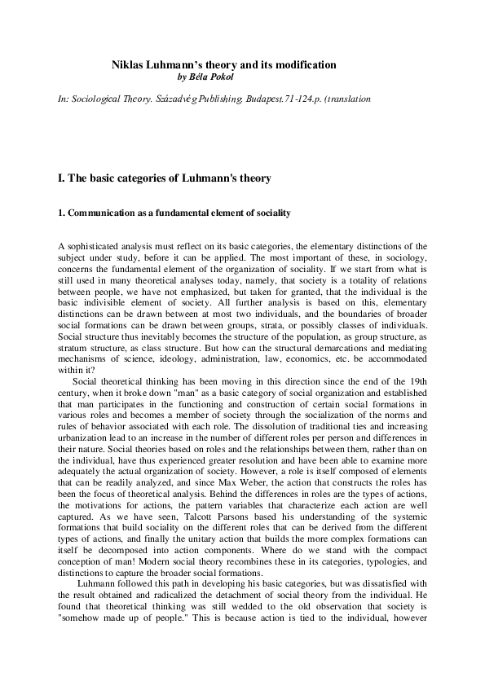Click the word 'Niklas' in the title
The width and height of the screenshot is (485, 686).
click(126, 64)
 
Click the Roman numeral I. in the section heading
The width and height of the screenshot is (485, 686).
click(61, 178)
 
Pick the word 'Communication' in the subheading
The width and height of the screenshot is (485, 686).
click(98, 213)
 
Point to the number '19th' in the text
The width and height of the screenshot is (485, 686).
click(414, 379)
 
